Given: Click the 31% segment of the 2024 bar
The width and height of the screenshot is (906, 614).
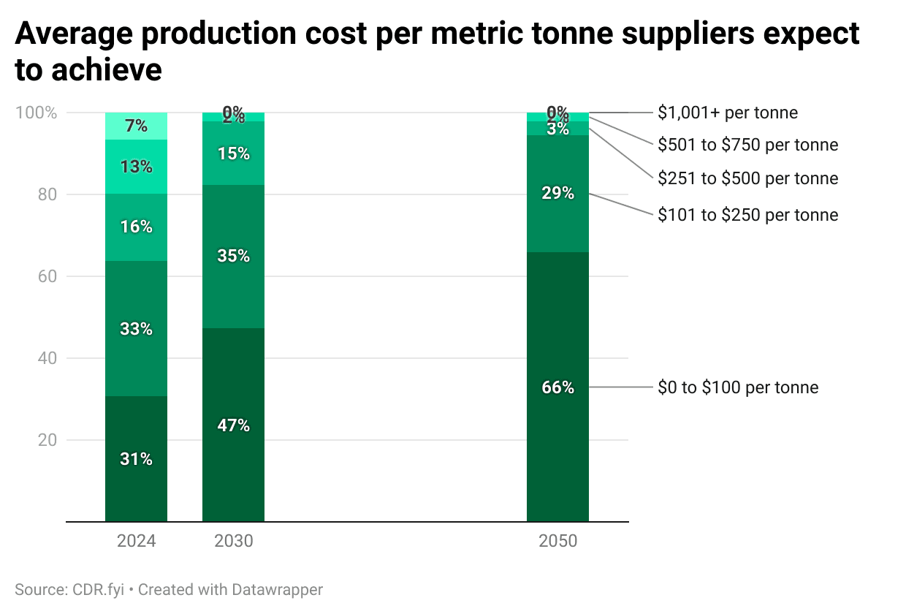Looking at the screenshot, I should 137,459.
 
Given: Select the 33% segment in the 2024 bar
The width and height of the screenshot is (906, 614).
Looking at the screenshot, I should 137,329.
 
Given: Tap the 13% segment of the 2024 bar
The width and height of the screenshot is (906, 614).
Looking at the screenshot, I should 137,167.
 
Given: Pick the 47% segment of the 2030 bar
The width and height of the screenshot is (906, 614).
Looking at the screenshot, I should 234,425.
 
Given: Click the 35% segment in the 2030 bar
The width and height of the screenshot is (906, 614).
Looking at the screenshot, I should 234,256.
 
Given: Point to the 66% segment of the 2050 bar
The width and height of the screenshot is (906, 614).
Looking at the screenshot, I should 557,387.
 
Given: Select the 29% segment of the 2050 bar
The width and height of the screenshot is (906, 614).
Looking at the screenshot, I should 557,194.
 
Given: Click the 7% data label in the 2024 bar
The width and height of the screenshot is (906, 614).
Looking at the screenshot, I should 137,126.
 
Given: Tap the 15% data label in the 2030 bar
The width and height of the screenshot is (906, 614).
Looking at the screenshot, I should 234,153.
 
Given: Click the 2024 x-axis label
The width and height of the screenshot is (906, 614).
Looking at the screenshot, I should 137,542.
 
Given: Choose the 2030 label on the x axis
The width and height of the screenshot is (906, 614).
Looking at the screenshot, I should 234,542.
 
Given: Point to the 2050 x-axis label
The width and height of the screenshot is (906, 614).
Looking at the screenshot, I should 557,542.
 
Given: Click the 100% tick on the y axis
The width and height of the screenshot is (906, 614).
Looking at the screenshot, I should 36,113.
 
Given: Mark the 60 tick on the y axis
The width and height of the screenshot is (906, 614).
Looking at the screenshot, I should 47,276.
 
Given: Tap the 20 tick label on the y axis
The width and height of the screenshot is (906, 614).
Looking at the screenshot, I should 47,440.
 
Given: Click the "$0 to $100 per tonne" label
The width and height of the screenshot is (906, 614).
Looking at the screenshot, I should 738,387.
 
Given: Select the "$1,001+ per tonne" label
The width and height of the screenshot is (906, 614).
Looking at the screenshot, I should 728,113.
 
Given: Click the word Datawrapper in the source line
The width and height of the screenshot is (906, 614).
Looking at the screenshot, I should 278,589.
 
